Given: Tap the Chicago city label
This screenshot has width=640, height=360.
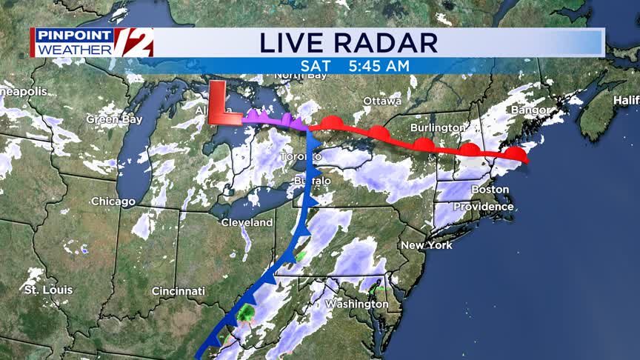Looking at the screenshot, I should [113, 201].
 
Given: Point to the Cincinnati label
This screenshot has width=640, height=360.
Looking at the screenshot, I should [178, 291].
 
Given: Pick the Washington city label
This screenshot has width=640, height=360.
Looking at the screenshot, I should [356, 304].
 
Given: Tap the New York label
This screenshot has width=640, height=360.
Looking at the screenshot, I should [426, 245].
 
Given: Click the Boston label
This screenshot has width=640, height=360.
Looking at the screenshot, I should [490, 190].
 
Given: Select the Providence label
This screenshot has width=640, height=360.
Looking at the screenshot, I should [483, 207].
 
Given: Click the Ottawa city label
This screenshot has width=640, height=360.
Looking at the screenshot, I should [382, 101].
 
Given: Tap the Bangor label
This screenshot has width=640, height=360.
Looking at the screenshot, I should [530, 110].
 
